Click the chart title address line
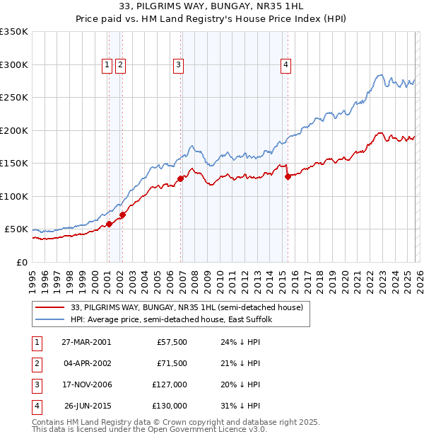tap(211, 6)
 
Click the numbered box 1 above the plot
tap(107, 65)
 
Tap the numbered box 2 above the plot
tap(120, 65)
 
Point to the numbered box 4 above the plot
tap(285, 65)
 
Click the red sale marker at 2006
tap(181, 178)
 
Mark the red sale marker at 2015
tap(288, 177)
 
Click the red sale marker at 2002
tap(122, 215)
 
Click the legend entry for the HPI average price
tap(171, 319)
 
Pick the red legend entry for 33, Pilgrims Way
tap(187, 307)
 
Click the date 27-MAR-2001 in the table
tap(84, 342)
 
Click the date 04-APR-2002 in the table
tap(84, 363)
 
